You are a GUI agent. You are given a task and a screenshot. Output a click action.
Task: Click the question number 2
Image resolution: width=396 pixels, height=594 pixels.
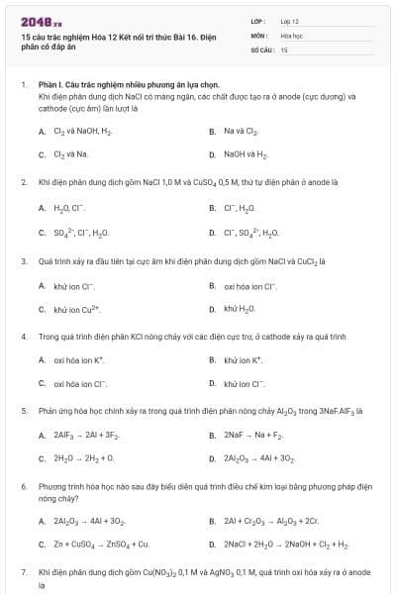[23, 182]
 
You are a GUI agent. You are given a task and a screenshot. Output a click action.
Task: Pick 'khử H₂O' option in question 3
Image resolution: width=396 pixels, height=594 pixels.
[240, 310]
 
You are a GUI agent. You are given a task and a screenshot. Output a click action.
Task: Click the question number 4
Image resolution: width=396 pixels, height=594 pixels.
[23, 337]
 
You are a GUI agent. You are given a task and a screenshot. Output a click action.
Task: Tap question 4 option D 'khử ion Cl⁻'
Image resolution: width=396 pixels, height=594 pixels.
[244, 383]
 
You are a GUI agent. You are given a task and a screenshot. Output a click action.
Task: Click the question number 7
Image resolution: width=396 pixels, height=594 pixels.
[23, 571]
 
